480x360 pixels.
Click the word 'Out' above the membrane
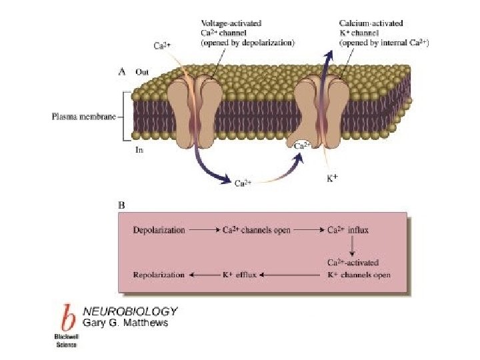tap(142, 71)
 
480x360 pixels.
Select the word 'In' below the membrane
tap(139, 150)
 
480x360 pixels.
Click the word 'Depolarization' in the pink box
tap(159, 230)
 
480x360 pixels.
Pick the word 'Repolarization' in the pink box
tap(158, 274)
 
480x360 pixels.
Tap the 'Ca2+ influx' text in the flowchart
tap(348, 230)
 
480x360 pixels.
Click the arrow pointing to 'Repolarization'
tap(203, 274)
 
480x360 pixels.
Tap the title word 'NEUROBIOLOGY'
tap(130, 311)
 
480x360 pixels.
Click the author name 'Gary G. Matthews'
tap(125, 323)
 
